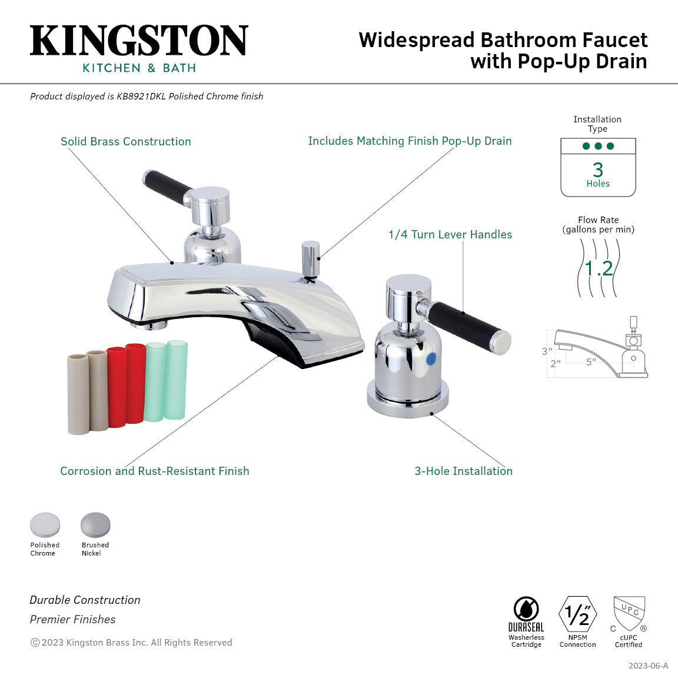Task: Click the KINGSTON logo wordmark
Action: click(139, 41)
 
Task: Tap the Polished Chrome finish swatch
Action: click(45, 525)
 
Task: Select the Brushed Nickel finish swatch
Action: click(95, 525)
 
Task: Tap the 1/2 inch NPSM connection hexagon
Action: click(577, 614)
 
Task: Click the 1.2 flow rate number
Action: click(599, 268)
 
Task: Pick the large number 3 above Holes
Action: click(598, 170)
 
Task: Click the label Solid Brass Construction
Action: click(126, 141)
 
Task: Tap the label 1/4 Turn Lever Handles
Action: click(450, 234)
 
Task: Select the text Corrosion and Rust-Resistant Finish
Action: click(155, 471)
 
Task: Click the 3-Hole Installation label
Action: click(464, 471)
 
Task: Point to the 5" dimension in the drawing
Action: click(591, 362)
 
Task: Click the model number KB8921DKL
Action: click(141, 96)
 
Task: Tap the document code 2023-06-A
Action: click(648, 666)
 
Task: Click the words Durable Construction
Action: click(85, 600)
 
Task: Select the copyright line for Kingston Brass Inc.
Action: click(131, 642)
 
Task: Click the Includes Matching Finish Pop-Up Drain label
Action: click(410, 141)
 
